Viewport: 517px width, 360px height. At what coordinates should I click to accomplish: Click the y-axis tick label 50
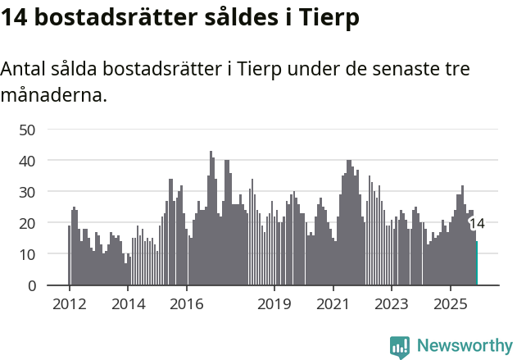[27, 130]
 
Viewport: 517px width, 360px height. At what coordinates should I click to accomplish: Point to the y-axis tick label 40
[27, 161]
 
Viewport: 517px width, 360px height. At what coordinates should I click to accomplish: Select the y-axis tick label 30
[27, 192]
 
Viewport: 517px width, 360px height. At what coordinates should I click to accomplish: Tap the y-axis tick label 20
[27, 223]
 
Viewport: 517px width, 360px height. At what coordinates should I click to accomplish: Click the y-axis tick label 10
[27, 254]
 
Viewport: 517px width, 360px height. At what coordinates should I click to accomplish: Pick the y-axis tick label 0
[32, 285]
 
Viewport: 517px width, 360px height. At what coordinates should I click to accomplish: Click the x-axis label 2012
[69, 305]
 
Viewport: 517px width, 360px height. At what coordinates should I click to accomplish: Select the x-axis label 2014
[128, 305]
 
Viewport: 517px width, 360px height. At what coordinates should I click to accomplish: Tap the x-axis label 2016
[187, 305]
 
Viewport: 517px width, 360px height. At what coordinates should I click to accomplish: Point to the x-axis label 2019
[274, 305]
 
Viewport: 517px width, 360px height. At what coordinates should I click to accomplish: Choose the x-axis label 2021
[333, 305]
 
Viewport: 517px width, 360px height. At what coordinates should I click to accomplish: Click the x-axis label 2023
[392, 305]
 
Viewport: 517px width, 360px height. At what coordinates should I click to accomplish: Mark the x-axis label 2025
[451, 305]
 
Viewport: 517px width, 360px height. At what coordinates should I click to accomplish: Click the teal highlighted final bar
[476, 263]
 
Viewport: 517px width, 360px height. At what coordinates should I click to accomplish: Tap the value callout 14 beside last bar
[477, 223]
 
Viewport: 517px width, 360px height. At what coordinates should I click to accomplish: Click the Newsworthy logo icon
[400, 347]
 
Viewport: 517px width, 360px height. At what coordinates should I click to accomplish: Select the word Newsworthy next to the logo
[465, 346]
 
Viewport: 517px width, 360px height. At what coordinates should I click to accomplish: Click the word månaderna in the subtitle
[54, 95]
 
